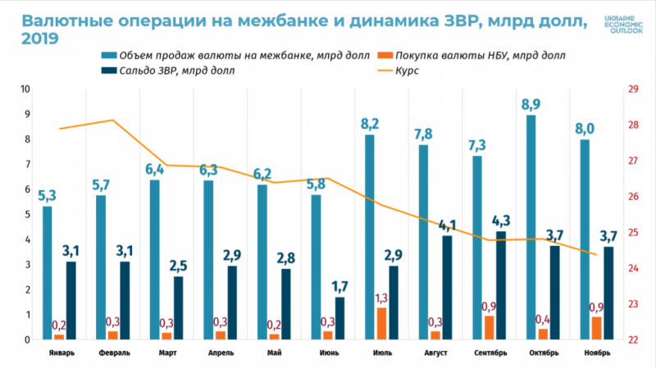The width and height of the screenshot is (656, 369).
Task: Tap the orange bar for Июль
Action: click(x=381, y=323)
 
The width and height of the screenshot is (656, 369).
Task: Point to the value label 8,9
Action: click(x=531, y=104)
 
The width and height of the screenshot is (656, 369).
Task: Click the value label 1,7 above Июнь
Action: click(x=339, y=286)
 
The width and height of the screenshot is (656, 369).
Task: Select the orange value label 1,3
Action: click(x=381, y=297)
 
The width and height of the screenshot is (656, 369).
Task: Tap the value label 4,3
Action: click(x=500, y=221)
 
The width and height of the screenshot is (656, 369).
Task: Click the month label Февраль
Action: click(x=113, y=353)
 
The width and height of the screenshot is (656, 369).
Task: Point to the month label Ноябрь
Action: click(x=596, y=353)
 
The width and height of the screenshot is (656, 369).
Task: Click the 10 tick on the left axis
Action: click(x=25, y=89)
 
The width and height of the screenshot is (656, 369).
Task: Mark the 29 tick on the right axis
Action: click(x=632, y=89)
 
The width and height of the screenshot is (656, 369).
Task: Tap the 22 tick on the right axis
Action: click(x=632, y=339)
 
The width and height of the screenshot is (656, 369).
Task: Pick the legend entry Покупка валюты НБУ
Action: click(x=471, y=55)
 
